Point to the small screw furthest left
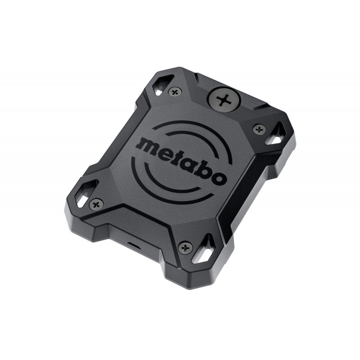point(96,204)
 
